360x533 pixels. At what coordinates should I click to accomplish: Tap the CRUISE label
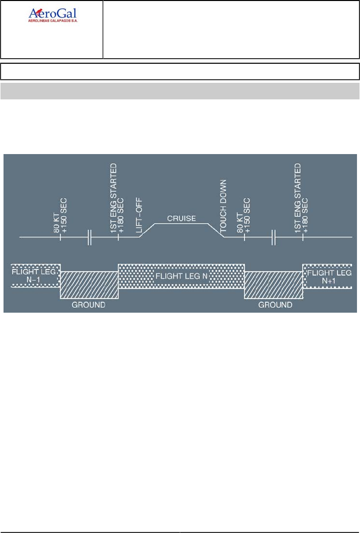point(182,219)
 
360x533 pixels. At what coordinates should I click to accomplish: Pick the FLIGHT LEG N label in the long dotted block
point(181,276)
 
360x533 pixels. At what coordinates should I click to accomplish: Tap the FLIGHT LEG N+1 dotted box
point(329,275)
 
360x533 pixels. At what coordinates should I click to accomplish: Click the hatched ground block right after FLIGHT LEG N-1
point(89,285)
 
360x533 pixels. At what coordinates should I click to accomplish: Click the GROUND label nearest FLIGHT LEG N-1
point(88,305)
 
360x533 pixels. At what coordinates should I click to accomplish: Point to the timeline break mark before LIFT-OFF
point(90,237)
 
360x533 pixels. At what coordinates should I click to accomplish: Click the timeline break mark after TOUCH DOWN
point(274,237)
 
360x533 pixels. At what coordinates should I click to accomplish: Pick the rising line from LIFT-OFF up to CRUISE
point(147,230)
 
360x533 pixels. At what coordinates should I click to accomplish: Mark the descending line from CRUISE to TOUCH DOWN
point(216,230)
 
